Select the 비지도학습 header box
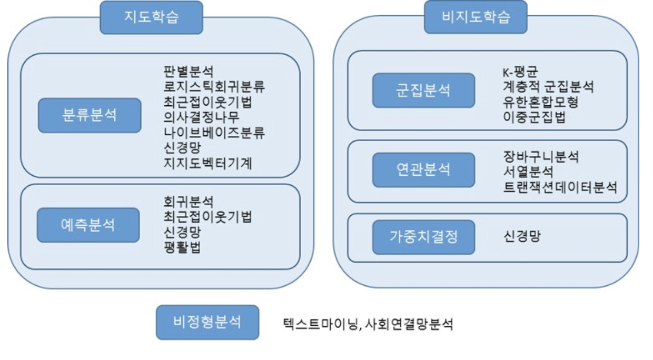(476, 17)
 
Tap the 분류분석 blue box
(90, 115)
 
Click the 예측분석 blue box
(88, 225)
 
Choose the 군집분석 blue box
(423, 90)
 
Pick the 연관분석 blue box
(423, 169)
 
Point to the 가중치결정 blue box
(423, 237)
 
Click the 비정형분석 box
(207, 322)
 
